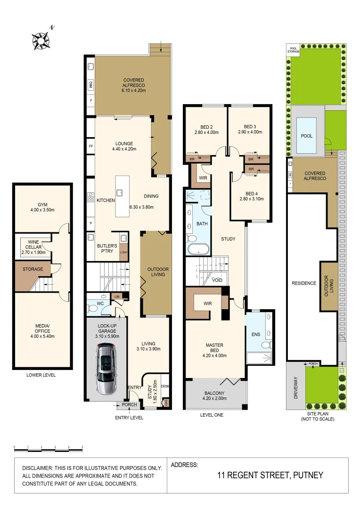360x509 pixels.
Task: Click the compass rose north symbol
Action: [42, 41]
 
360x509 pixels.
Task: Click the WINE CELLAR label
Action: [33, 246]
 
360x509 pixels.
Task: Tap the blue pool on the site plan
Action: [307, 136]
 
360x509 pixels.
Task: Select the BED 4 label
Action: [250, 196]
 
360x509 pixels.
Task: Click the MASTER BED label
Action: [214, 350]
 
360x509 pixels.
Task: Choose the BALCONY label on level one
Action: [214, 395]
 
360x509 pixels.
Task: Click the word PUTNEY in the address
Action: [308, 475]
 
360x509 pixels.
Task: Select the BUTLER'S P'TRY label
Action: [107, 249]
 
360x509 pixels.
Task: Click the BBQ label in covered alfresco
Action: [90, 85]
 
